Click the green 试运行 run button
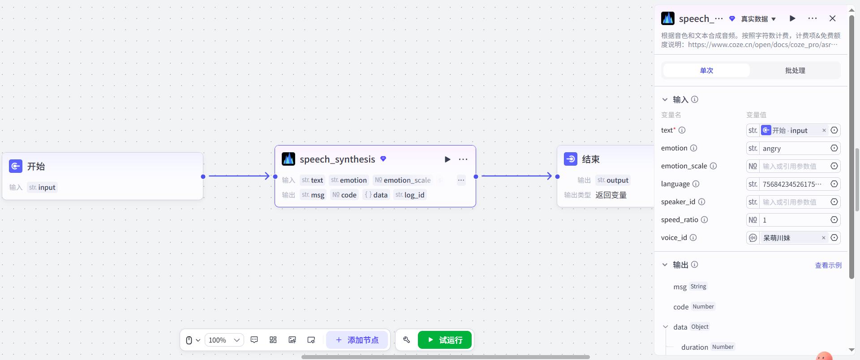pyautogui.click(x=444, y=340)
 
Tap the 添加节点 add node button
pyautogui.click(x=357, y=340)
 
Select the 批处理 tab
pyautogui.click(x=795, y=70)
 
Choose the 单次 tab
pyautogui.click(x=706, y=70)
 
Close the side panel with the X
pyautogui.click(x=832, y=18)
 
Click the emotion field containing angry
pyautogui.click(x=793, y=148)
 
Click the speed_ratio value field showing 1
pyautogui.click(x=793, y=220)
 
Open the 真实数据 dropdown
pyautogui.click(x=758, y=19)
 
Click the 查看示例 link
pyautogui.click(x=828, y=265)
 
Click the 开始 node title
pyautogui.click(x=36, y=167)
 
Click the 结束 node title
pyautogui.click(x=590, y=159)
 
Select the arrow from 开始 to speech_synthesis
pyautogui.click(x=239, y=176)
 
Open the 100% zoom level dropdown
pyautogui.click(x=224, y=340)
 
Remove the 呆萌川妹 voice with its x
pyautogui.click(x=823, y=238)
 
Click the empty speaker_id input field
pyautogui.click(x=793, y=202)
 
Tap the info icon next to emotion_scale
pyautogui.click(x=713, y=166)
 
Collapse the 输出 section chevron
pyautogui.click(x=665, y=265)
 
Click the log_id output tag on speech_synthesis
pyautogui.click(x=410, y=195)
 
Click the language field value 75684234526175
pyautogui.click(x=792, y=184)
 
